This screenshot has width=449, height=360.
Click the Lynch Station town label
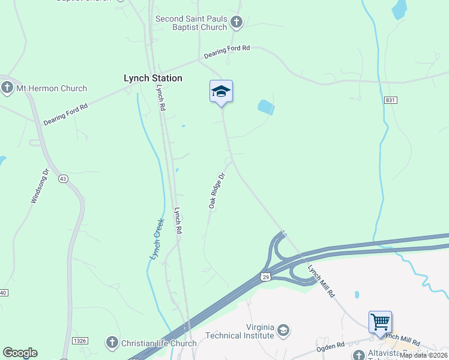pos(152,78)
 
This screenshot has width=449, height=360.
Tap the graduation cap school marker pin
pos(221,92)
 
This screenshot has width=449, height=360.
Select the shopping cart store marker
pos(380,322)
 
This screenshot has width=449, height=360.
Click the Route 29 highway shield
pos(265,276)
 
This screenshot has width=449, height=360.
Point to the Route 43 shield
pos(63,179)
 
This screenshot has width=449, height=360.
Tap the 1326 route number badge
pos(80,341)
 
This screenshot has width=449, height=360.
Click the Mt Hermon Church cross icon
pos(7,88)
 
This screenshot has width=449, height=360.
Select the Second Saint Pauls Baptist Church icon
pos(237,23)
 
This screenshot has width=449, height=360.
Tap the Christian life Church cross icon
pos(111,343)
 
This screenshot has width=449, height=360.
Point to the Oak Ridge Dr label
pos(216,191)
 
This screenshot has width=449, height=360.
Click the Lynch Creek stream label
pos(156,239)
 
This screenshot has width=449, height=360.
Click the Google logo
pos(20,353)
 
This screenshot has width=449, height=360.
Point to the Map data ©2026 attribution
pos(424,355)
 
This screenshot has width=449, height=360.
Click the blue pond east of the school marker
pos(266,107)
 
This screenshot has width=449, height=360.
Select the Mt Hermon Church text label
pos(52,88)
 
